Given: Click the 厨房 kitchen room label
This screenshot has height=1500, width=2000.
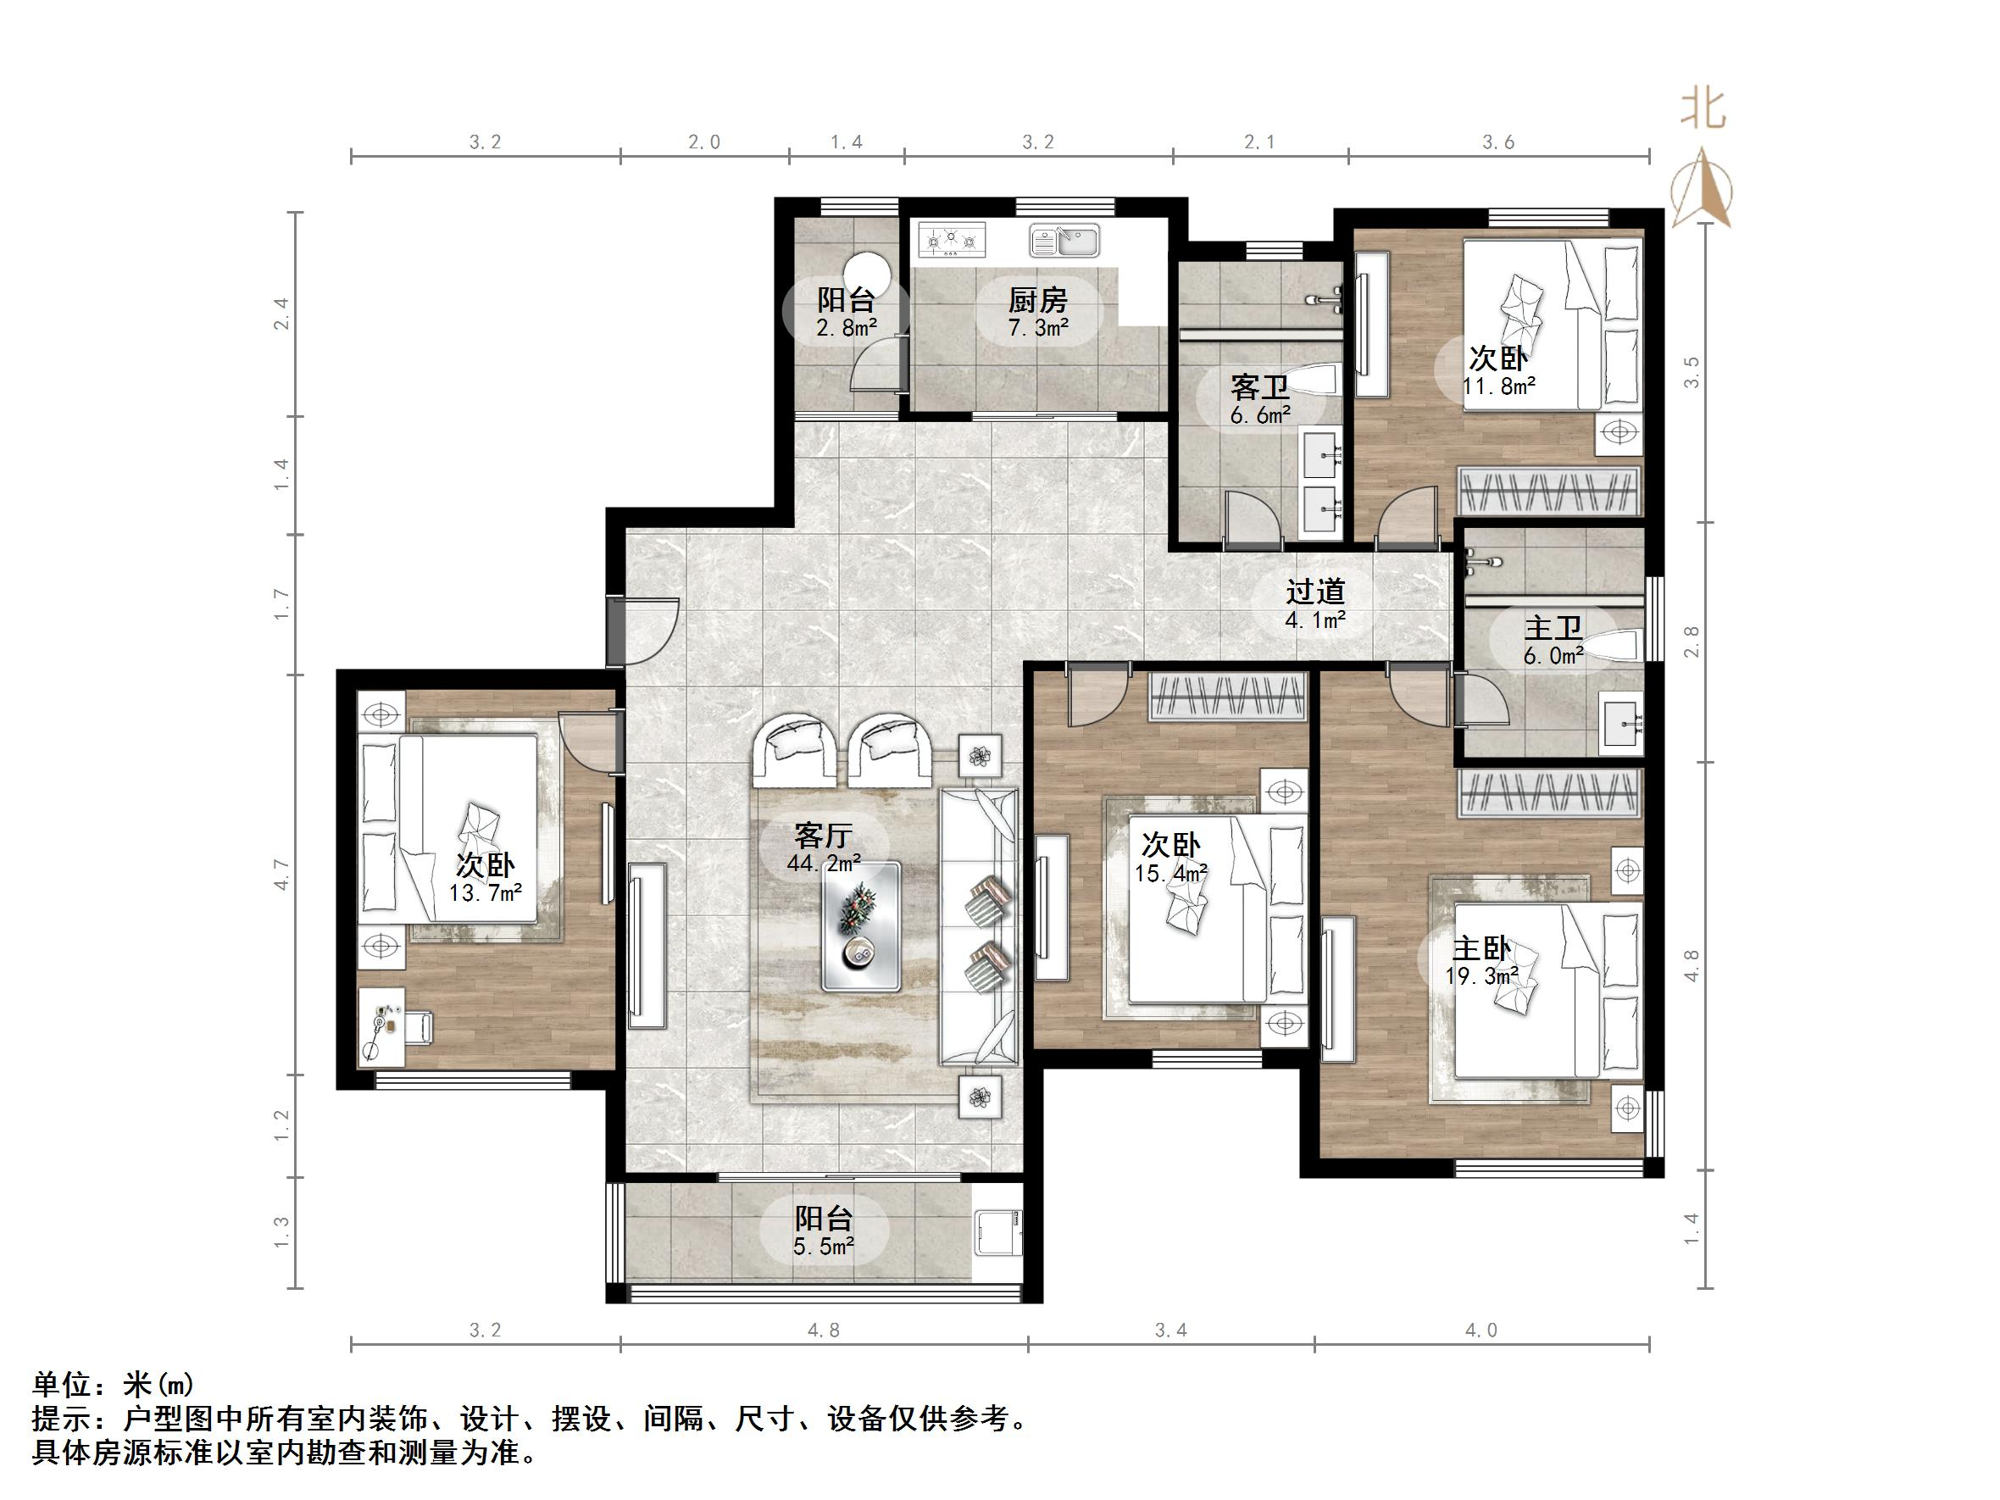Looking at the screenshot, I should click(1037, 299).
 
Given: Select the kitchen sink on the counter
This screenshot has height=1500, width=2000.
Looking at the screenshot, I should click(1064, 242).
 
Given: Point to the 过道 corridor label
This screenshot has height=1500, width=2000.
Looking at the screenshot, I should click(1315, 592).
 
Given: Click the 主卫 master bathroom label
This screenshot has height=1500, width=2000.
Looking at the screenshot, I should click(1553, 627).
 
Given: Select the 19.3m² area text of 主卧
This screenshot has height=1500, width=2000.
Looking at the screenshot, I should click(1481, 976).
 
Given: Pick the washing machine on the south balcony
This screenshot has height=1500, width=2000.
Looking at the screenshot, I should click(998, 1231).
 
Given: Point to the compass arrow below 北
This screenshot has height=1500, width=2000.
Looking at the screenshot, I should click(1703, 190).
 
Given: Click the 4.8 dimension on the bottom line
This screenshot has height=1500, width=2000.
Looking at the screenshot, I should click(823, 1330).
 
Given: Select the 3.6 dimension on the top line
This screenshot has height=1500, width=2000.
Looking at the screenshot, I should click(1497, 142).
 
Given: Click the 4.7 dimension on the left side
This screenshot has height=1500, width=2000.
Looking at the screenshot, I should click(281, 875).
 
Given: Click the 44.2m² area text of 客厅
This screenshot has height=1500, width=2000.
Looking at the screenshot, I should click(823, 864).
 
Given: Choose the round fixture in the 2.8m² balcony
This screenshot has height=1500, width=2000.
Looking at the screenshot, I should click(866, 271).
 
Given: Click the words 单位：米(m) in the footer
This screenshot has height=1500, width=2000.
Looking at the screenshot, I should click(113, 1384).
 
